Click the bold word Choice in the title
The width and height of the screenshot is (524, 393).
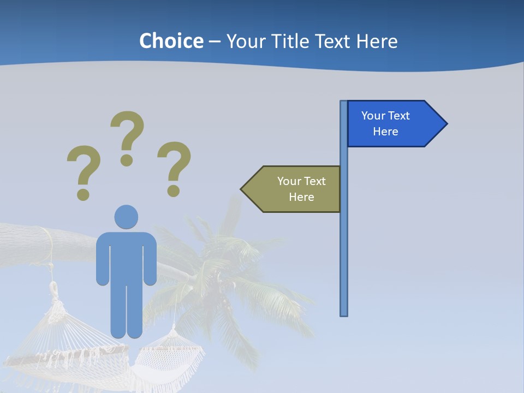(171, 41)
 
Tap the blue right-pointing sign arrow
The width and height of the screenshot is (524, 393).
(393, 123)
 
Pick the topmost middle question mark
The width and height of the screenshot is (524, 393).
(127, 136)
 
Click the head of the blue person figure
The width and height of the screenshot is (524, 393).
(126, 217)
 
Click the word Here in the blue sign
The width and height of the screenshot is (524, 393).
(385, 132)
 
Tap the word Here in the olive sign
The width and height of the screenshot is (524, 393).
(301, 197)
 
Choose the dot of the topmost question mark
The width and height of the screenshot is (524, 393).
(127, 160)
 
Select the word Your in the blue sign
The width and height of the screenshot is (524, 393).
(373, 116)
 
